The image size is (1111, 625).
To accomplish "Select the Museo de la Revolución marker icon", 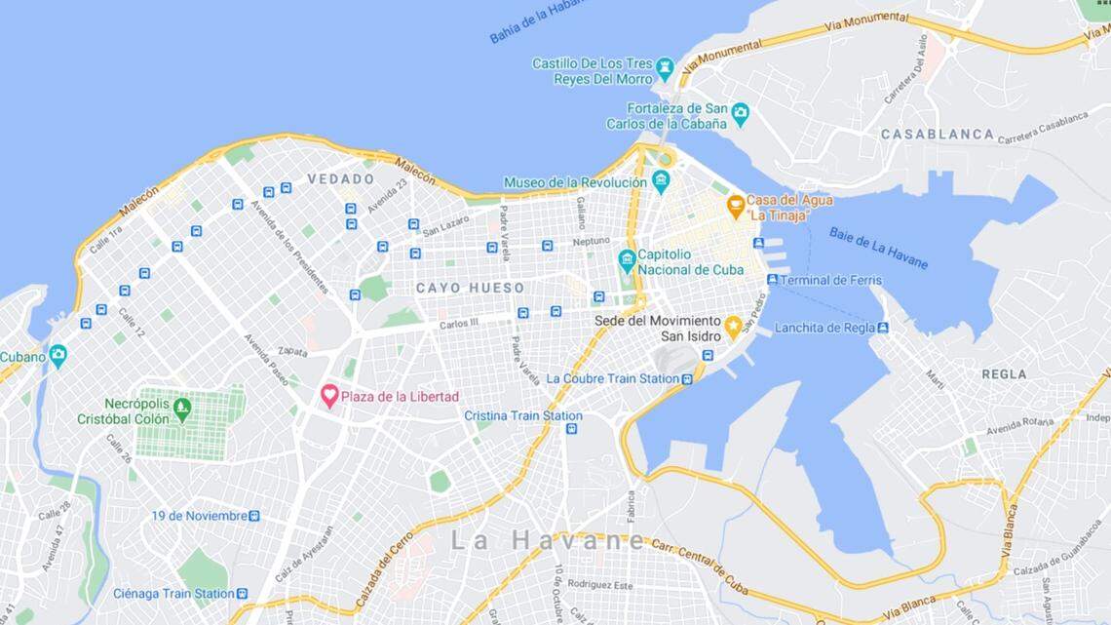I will (x=661, y=181).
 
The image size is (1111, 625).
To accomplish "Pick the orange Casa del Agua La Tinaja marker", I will (x=736, y=206).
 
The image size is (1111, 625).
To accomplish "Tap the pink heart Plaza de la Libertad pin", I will (x=330, y=396).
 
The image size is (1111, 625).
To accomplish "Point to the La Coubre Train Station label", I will (x=612, y=378).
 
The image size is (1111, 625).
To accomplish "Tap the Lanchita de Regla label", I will (x=824, y=328).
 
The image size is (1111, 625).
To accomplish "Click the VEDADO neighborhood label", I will (x=340, y=179).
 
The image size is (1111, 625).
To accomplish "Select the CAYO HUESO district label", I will (x=470, y=288).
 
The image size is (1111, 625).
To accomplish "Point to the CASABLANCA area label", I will (x=938, y=134).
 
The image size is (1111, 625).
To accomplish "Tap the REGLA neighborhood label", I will (x=1004, y=373).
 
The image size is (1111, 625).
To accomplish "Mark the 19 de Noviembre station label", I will (x=199, y=515).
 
